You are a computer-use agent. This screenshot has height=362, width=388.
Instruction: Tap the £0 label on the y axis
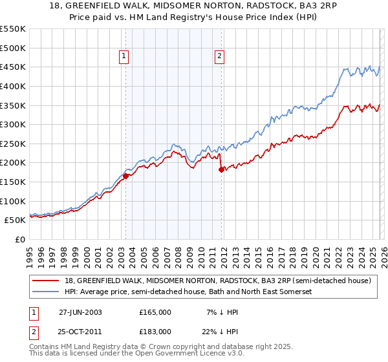[19, 240]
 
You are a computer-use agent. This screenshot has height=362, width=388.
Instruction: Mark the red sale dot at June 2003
[125, 176]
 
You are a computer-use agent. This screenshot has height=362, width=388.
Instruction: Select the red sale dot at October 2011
[221, 169]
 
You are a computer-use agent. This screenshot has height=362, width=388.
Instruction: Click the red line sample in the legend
[47, 281]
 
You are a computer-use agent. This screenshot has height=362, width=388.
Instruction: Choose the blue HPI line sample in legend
[47, 292]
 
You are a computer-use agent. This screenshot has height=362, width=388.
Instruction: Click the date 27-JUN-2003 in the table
[81, 312]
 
